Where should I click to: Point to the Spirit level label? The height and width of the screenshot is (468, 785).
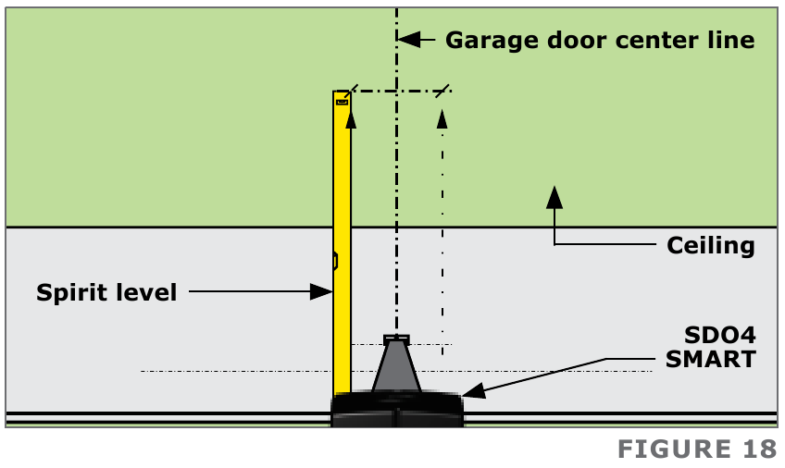[106, 293]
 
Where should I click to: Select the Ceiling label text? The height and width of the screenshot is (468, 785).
[711, 246]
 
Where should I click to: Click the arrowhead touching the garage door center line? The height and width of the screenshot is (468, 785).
[408, 40]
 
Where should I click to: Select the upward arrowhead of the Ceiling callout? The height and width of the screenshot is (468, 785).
[554, 195]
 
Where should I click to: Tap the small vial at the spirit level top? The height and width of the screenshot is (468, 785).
[342, 103]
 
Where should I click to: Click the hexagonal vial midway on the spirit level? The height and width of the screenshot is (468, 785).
[335, 262]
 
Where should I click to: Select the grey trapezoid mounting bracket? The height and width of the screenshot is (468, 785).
[396, 368]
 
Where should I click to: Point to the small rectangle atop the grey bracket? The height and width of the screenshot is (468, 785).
[396, 339]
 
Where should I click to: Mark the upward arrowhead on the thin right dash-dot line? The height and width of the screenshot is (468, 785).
[442, 117]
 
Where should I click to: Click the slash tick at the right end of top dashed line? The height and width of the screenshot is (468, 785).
[442, 91]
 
